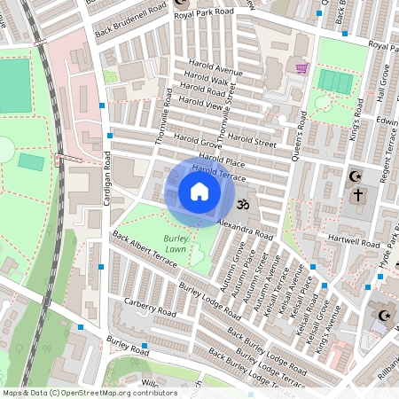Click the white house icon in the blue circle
tap(199, 192)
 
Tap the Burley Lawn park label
tap(175, 245)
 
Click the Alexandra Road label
tap(245, 228)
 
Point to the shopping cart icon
tap(301, 67)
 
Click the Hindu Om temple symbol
tap(247, 204)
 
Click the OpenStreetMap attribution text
tap(90, 392)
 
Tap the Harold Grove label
tap(198, 142)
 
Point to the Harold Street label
tap(253, 139)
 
